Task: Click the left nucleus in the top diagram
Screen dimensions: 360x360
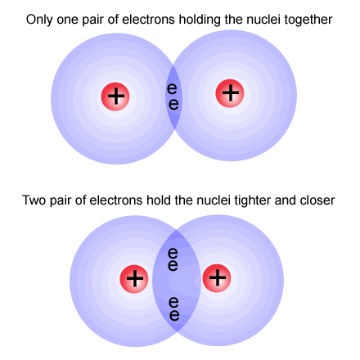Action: tap(115, 97)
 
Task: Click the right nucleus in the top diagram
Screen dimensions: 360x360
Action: tap(230, 93)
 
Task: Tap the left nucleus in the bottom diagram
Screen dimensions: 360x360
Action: tap(134, 279)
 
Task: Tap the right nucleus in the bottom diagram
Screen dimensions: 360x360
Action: tap(217, 278)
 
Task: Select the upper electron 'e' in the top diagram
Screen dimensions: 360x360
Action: tap(172, 88)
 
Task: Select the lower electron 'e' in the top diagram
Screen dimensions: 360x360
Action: tap(173, 104)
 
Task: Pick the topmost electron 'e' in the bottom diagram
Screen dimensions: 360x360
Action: tap(173, 253)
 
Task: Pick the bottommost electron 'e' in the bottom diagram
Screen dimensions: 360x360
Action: tap(174, 315)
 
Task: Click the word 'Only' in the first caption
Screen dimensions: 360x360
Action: tap(39, 20)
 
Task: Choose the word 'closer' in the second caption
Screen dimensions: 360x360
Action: tap(317, 200)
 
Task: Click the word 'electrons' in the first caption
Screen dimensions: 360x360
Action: tap(148, 20)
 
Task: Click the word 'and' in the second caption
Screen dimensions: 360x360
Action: tap(286, 200)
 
